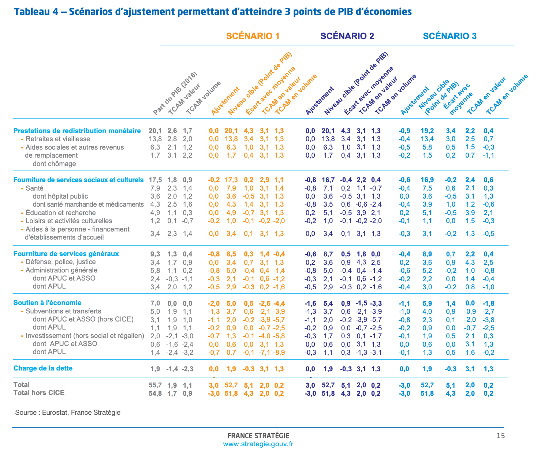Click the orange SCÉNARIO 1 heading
(x=253, y=36)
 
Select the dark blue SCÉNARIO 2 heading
(x=347, y=36)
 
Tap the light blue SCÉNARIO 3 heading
(x=449, y=36)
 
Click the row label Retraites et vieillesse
(x=58, y=139)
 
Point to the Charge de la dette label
(x=43, y=368)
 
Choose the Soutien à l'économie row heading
(x=48, y=303)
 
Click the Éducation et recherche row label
(x=61, y=213)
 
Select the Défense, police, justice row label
(x=61, y=262)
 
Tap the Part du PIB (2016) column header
(x=175, y=93)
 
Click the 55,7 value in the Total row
(x=155, y=385)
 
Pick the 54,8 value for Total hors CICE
(x=155, y=393)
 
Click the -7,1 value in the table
(x=264, y=353)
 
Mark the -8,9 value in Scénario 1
(x=279, y=353)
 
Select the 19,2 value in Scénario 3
(x=427, y=131)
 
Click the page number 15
(x=501, y=436)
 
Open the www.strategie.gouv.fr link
(x=258, y=444)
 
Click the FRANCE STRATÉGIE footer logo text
(x=258, y=436)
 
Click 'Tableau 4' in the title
(x=36, y=12)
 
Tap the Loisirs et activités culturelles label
(x=69, y=221)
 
